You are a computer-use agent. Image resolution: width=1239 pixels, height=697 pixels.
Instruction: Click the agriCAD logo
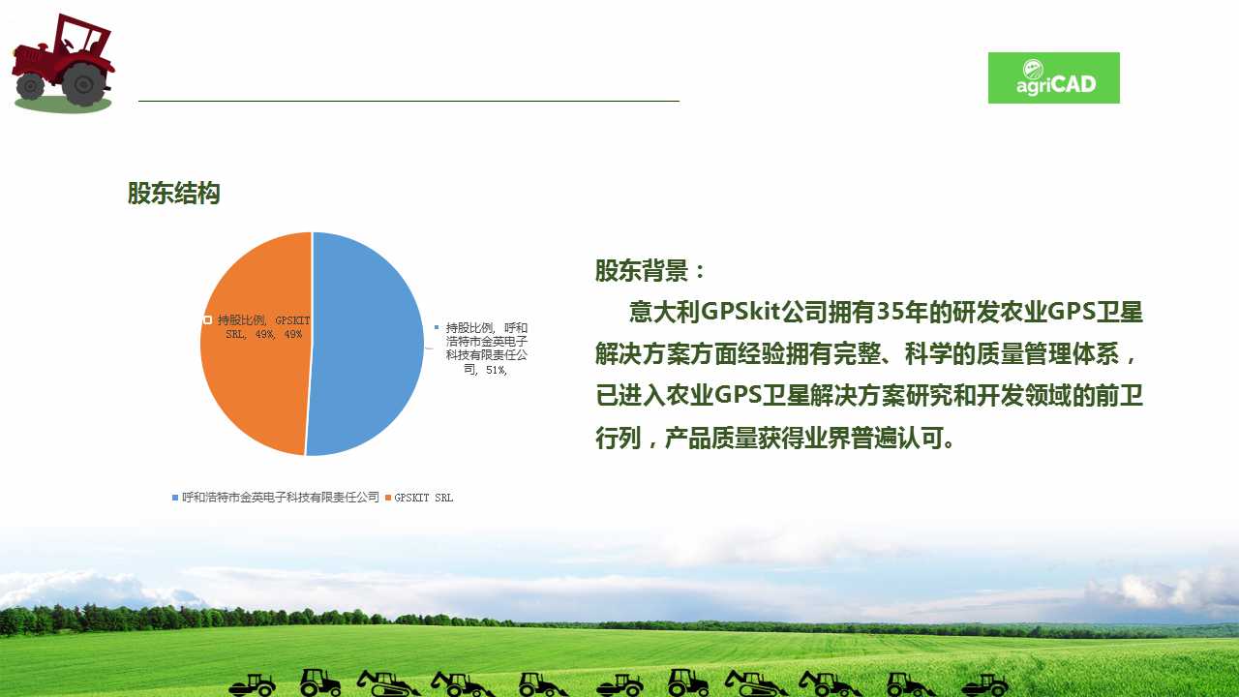(1054, 78)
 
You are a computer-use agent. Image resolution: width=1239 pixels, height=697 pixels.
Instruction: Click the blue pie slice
(365, 344)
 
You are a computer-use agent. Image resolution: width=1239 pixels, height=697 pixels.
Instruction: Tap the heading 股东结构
(173, 193)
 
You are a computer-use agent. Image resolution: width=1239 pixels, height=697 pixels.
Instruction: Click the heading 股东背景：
(650, 270)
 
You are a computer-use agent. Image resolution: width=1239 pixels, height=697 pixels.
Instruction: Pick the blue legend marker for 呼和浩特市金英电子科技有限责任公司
(175, 498)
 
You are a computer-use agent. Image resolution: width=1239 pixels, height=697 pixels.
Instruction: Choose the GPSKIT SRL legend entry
(419, 498)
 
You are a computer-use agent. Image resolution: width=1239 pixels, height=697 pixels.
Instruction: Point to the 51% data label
(487, 348)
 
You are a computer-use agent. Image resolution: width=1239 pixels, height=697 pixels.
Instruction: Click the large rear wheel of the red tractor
(84, 84)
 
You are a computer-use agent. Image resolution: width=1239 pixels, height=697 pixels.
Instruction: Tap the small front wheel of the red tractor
(30, 86)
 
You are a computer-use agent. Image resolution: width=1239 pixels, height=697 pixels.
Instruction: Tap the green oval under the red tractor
(63, 104)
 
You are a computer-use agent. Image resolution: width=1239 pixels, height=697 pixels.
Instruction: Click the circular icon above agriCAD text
(1033, 69)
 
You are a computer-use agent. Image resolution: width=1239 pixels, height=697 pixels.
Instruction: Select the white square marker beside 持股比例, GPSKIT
(207, 319)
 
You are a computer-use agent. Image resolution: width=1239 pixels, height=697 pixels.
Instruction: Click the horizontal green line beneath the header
(408, 102)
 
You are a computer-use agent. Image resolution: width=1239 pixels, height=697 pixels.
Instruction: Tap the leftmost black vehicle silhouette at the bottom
(253, 684)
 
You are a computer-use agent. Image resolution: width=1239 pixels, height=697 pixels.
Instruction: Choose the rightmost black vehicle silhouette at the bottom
(985, 684)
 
